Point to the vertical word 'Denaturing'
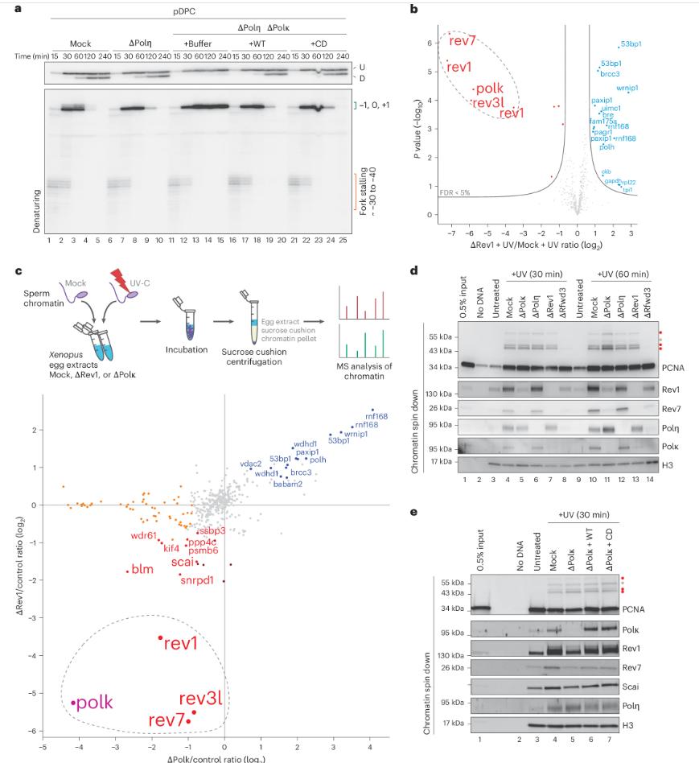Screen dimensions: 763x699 37,205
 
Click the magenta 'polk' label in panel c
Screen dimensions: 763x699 95,703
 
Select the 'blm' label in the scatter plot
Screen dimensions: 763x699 142,570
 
